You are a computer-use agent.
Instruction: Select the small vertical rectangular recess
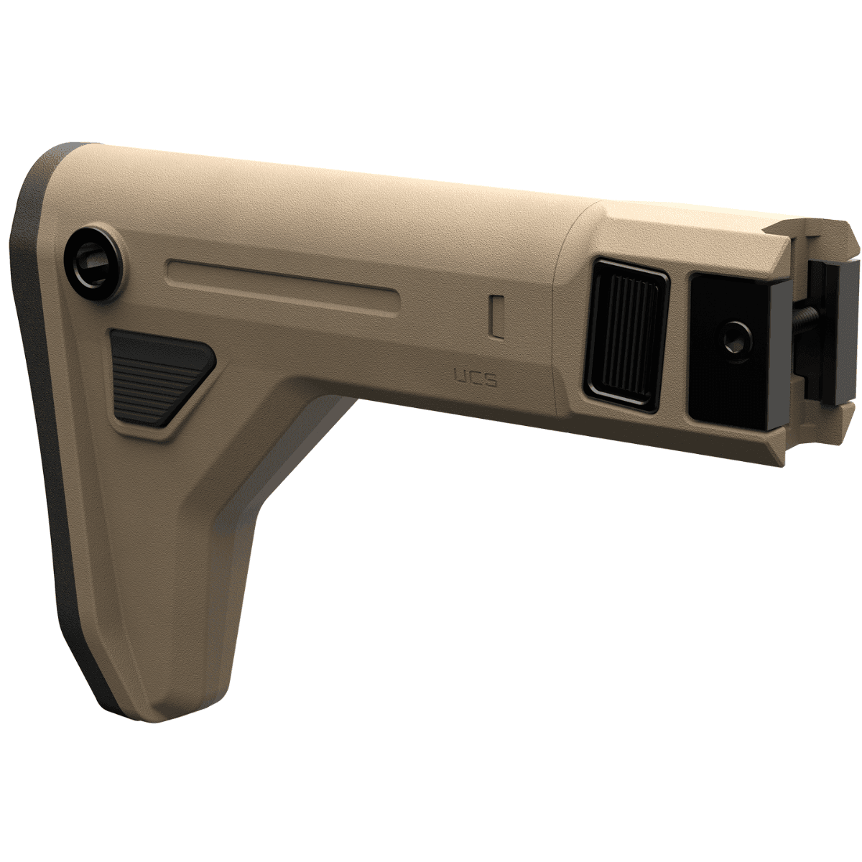494,315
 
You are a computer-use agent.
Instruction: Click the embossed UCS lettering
475,377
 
